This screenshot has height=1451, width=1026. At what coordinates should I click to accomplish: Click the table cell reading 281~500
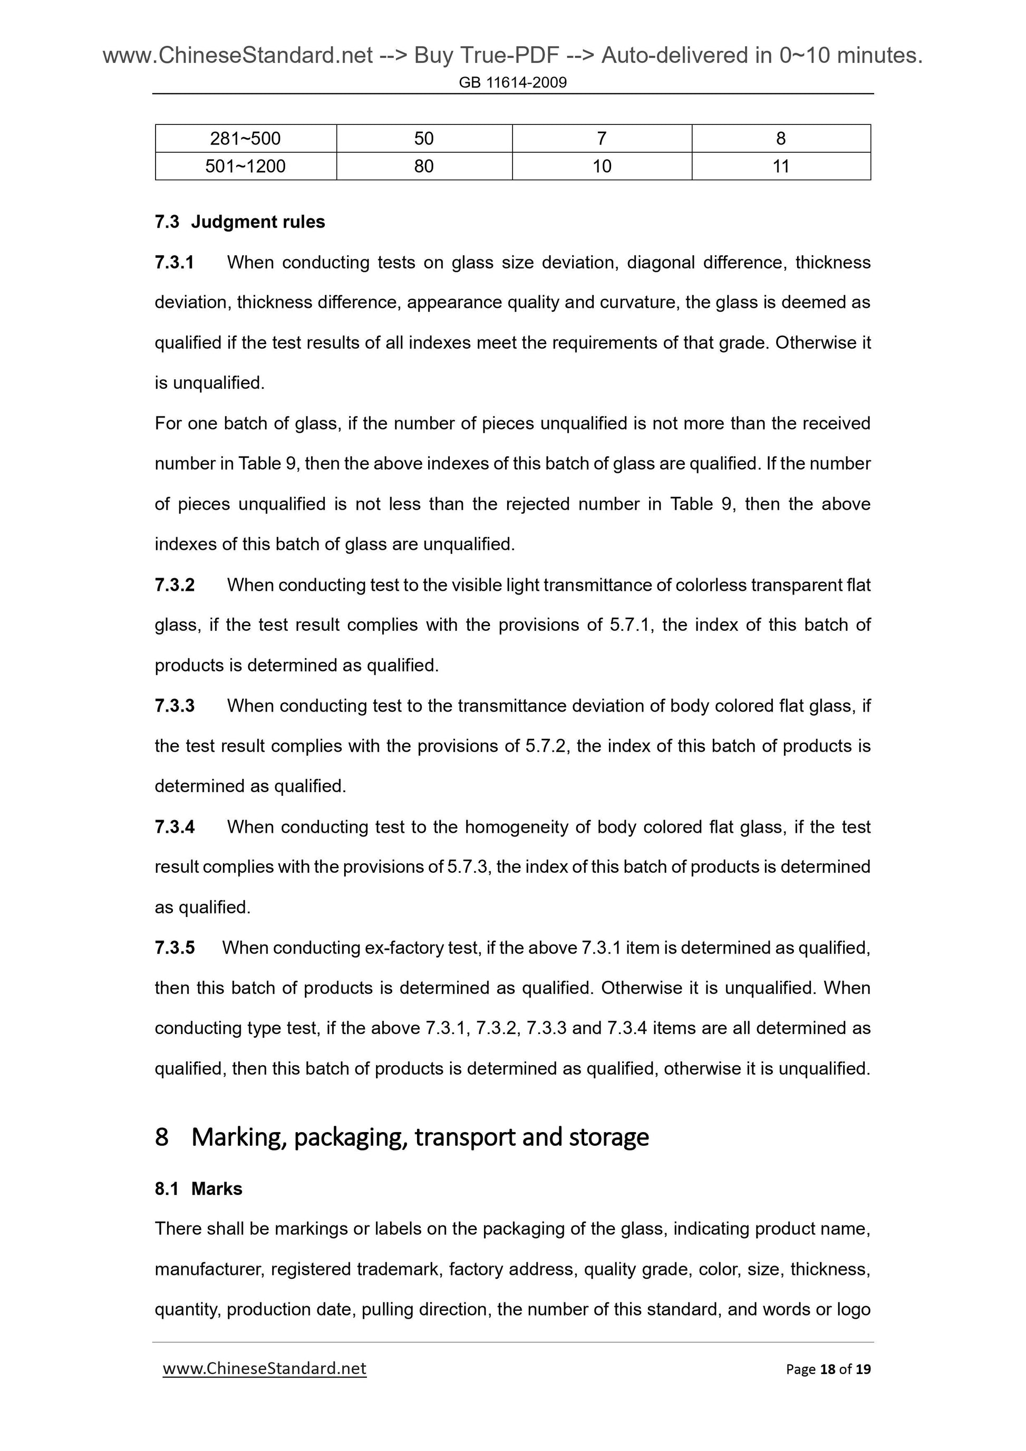[x=245, y=139]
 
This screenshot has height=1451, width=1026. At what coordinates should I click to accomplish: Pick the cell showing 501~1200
[x=245, y=166]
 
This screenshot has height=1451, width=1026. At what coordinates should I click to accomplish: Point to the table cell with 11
[x=781, y=166]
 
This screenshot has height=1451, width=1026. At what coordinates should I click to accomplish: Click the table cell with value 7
[x=601, y=139]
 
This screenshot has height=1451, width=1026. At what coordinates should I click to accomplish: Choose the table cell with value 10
[x=601, y=166]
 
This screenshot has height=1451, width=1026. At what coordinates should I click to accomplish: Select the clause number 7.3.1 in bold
[x=174, y=262]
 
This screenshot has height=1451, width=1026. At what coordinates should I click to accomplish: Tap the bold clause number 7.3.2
[x=175, y=585]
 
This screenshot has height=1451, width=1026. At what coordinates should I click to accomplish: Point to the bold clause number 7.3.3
[x=175, y=706]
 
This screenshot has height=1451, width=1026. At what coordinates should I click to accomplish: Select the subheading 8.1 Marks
[x=198, y=1189]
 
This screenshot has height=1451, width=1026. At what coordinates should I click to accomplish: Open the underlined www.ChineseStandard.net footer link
[x=264, y=1368]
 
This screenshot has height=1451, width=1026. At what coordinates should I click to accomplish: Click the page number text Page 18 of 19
[x=828, y=1369]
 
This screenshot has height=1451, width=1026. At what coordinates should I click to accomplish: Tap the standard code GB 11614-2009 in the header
[x=512, y=82]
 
